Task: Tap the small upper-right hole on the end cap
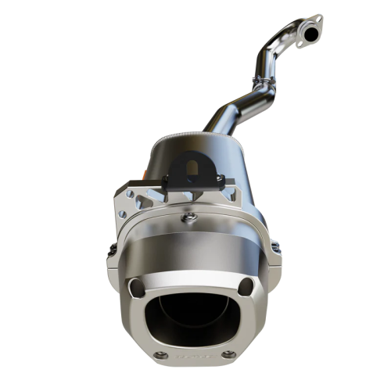247,284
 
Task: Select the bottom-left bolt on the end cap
162,356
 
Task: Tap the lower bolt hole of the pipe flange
303,45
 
